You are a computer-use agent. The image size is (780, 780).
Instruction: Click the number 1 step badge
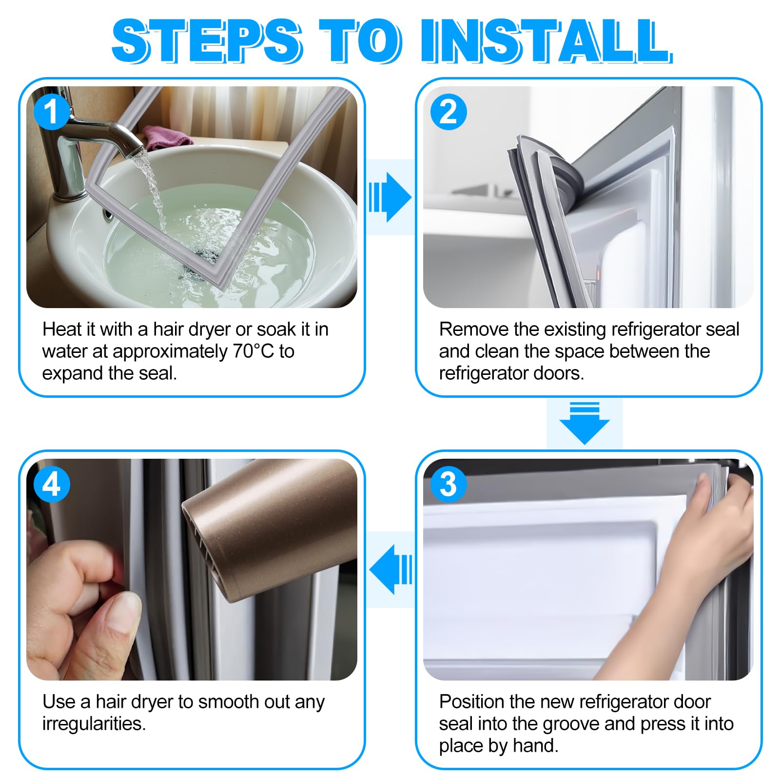[x=52, y=112]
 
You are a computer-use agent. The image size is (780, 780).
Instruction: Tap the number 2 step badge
[x=448, y=112]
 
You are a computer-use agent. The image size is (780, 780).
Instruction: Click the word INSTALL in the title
[x=546, y=41]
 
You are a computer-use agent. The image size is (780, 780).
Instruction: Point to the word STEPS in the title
[x=207, y=41]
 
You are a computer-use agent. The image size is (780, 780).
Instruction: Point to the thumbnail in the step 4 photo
[x=122, y=615]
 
